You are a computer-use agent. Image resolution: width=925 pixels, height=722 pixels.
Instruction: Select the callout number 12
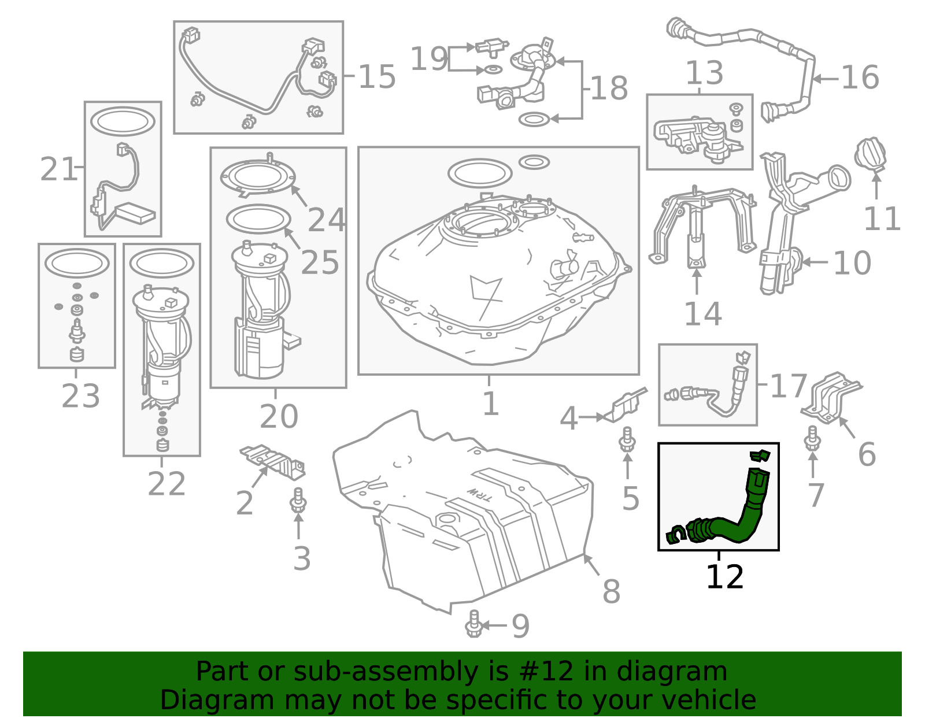(724, 577)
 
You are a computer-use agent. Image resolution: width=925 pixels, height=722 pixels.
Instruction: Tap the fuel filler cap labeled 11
(870, 155)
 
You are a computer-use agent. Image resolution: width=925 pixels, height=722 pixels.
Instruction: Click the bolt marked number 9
(473, 624)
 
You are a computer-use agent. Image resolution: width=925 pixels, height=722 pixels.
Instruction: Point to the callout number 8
(611, 591)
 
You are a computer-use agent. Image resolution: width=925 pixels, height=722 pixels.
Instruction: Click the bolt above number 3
(298, 501)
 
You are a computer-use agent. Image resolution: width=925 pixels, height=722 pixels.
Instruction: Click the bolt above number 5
(627, 440)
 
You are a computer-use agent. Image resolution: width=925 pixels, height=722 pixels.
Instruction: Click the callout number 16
(860, 77)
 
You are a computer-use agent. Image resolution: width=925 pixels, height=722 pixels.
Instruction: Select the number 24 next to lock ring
(327, 220)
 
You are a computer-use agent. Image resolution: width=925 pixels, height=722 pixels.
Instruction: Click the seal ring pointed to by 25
(258, 219)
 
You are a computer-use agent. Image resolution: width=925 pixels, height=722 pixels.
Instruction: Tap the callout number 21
(58, 169)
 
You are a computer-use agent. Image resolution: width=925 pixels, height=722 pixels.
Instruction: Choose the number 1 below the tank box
(490, 403)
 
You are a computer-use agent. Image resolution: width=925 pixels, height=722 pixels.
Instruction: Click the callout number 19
(428, 59)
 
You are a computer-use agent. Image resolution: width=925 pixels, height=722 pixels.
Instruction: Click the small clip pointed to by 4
(626, 404)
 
